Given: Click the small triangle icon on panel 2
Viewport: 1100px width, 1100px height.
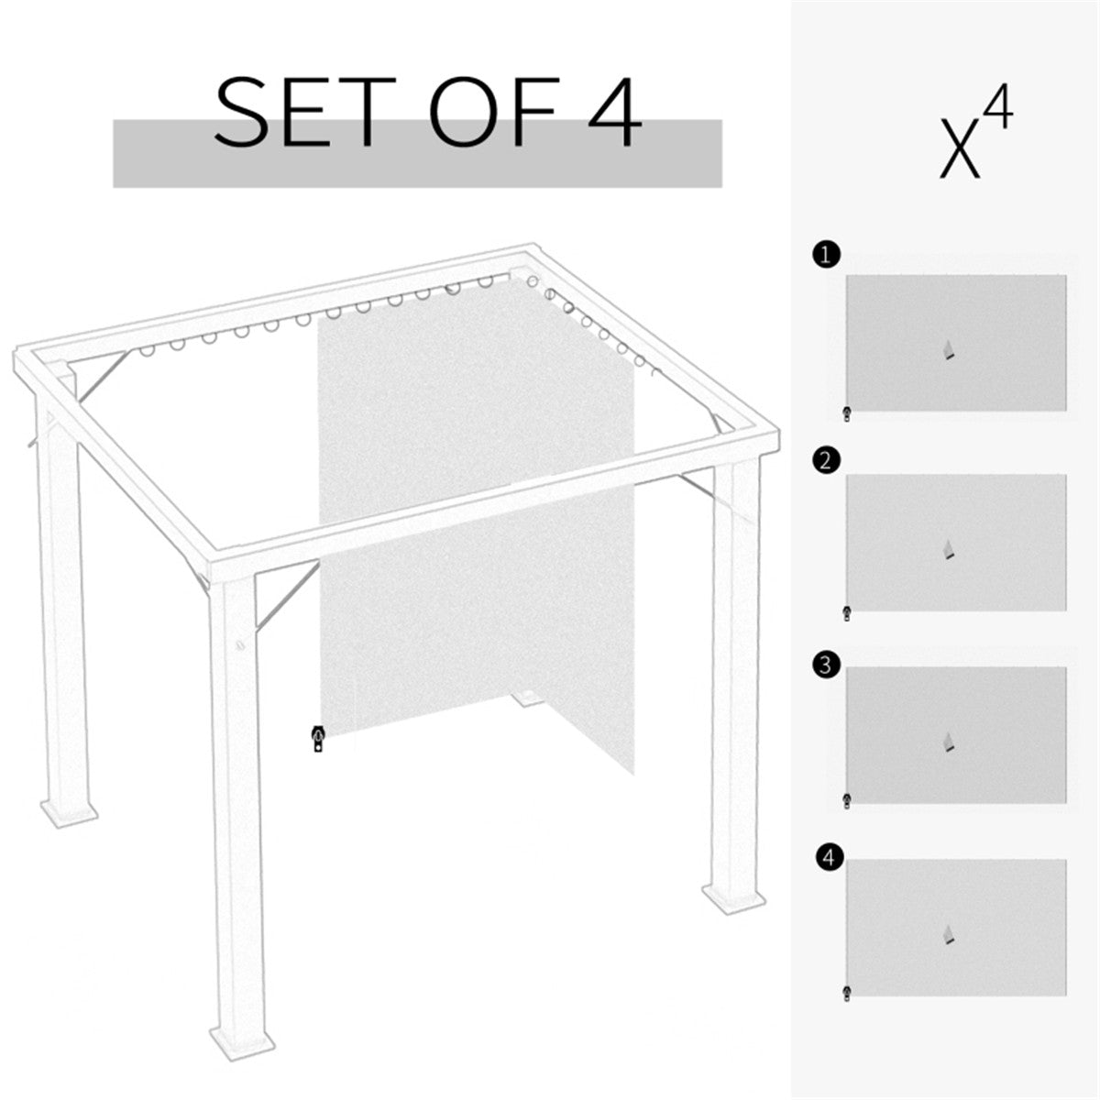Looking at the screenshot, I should point(950,551).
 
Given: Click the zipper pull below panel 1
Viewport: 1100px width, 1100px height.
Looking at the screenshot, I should point(847,413).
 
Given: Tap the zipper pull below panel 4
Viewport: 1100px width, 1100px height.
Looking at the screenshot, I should point(846,993).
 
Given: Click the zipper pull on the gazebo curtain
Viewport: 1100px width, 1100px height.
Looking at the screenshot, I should point(318,738).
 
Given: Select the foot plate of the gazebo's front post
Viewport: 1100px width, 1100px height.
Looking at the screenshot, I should point(242,1040).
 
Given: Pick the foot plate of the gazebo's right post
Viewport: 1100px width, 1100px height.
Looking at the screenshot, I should point(731,896).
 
